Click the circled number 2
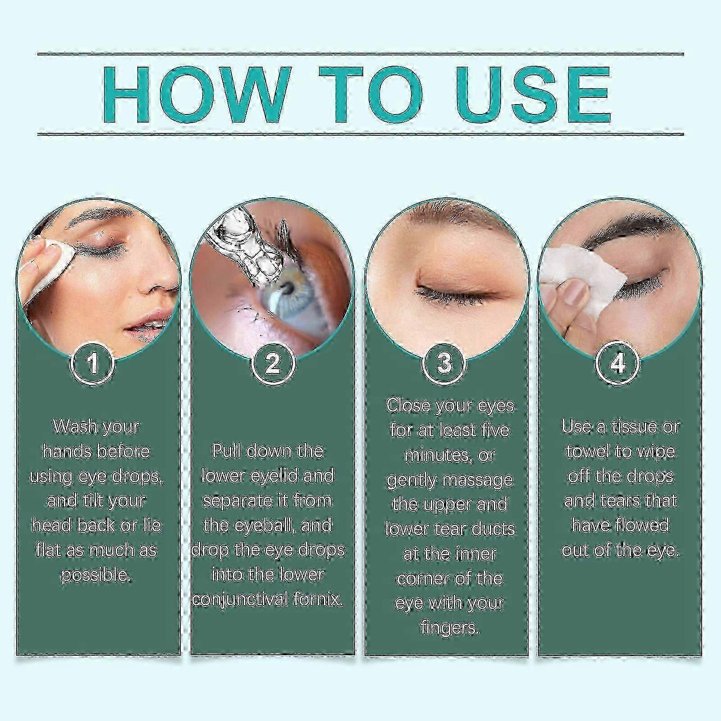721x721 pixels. tap(272, 363)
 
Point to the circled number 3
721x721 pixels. tap(444, 363)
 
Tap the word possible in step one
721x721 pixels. tap(96, 575)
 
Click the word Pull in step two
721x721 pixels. tap(225, 451)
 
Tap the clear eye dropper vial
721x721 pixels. tap(243, 248)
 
